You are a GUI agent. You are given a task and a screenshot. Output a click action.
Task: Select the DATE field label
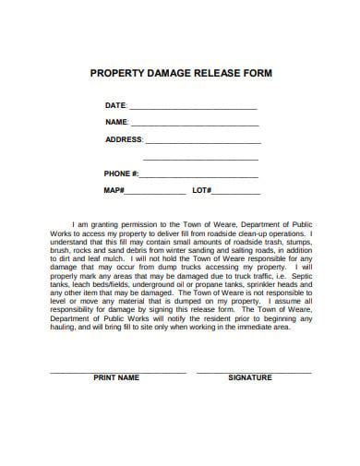(x=114, y=106)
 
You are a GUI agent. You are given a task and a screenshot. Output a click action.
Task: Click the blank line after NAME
(x=194, y=124)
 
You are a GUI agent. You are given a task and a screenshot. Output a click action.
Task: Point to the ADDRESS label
(x=124, y=140)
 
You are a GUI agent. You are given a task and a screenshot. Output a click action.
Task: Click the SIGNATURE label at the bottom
(x=249, y=377)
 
